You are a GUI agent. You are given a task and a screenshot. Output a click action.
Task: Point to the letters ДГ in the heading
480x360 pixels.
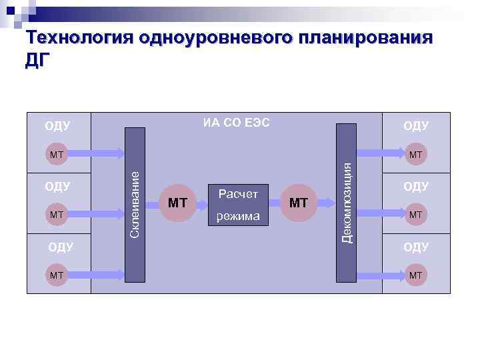coord(37,60)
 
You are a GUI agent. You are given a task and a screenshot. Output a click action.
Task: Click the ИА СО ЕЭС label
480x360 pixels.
coord(237,123)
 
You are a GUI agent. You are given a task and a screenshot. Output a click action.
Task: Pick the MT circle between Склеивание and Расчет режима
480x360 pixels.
coord(177,203)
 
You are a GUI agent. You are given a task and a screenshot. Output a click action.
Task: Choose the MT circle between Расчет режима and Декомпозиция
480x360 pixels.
coord(299,203)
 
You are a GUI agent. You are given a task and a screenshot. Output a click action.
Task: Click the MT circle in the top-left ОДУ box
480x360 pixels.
coord(57,155)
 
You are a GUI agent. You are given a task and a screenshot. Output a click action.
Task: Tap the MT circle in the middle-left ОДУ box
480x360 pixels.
coord(57,214)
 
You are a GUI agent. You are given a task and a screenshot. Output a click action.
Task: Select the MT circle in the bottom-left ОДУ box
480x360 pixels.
coord(57,274)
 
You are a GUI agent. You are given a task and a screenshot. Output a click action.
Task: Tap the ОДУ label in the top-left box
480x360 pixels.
coord(57,126)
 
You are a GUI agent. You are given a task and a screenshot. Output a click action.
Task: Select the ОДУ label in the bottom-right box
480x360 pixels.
coord(416,247)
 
